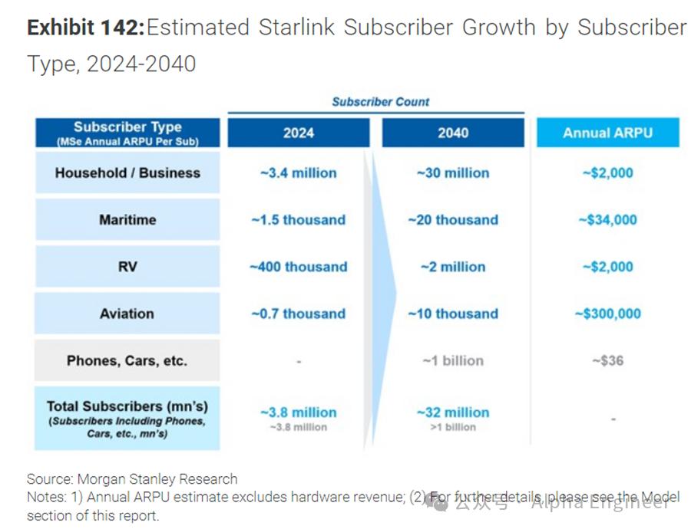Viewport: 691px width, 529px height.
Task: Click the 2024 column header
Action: (298, 133)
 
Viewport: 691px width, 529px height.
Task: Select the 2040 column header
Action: (453, 133)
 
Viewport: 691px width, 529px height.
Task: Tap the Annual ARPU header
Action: (607, 133)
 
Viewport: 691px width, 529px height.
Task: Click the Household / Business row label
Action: (127, 172)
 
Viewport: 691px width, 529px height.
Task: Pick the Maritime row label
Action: (127, 220)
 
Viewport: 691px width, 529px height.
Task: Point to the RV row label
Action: (127, 267)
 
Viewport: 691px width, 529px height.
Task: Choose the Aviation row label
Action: (127, 314)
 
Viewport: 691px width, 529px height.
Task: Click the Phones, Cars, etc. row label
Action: (127, 360)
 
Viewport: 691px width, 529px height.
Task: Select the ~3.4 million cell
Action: (298, 172)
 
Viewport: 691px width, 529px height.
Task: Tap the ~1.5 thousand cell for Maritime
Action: (298, 220)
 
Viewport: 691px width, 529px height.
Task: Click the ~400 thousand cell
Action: (298, 267)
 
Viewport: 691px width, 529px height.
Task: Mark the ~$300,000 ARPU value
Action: (607, 314)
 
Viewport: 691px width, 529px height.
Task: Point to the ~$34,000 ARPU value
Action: (607, 220)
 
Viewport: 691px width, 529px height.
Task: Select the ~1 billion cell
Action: (453, 360)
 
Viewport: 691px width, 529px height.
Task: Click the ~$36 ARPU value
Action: (607, 360)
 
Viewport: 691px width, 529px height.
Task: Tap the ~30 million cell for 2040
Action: (453, 172)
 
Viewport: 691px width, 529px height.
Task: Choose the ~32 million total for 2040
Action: (453, 412)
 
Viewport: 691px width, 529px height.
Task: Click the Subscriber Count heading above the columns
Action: (381, 101)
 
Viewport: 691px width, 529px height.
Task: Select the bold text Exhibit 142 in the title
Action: (85, 28)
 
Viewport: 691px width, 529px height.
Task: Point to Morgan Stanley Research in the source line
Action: (157, 479)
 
